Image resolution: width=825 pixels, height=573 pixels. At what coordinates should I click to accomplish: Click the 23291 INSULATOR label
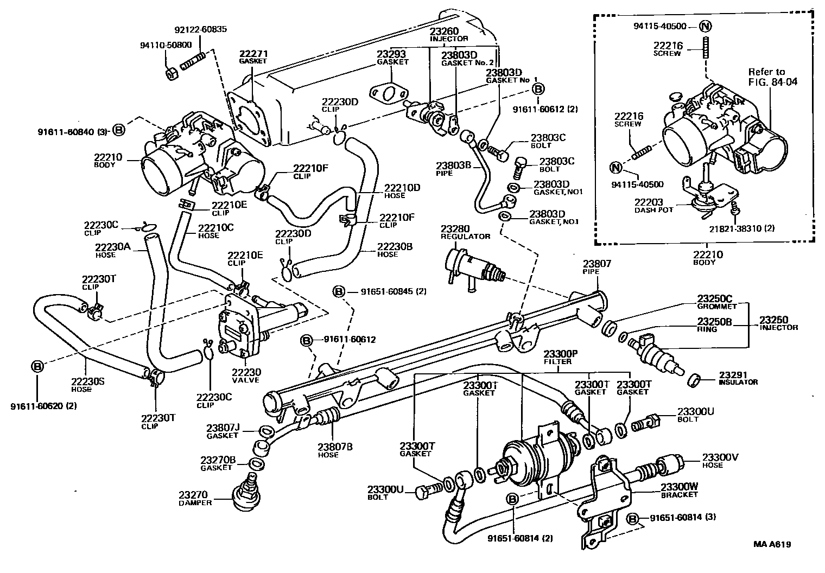(x=738, y=378)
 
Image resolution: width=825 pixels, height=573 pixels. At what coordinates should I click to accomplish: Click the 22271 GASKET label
(x=253, y=57)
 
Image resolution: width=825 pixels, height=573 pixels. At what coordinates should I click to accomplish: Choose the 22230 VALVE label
(x=246, y=375)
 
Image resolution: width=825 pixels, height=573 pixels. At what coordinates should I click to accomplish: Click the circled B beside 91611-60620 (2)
(x=37, y=366)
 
